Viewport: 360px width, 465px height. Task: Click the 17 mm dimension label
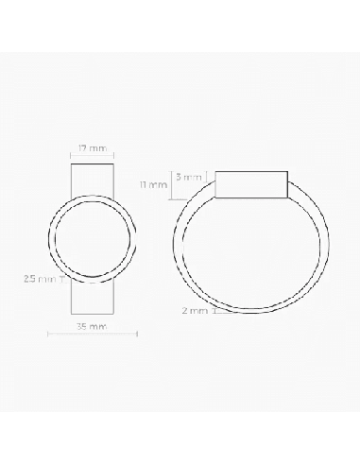[x=93, y=148]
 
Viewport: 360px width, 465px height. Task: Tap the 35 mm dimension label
[x=92, y=326]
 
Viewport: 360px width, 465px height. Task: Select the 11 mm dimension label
[x=153, y=184]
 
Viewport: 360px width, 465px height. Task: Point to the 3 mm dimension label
[x=188, y=177]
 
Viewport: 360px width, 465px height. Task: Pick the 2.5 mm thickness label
[x=40, y=279]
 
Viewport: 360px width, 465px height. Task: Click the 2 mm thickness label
[x=195, y=311]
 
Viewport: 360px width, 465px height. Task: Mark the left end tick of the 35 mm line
[x=48, y=334]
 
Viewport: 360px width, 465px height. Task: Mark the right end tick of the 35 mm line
[x=137, y=334]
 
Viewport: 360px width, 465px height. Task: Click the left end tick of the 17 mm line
[x=71, y=155]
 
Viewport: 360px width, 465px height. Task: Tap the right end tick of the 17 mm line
[x=113, y=155]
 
